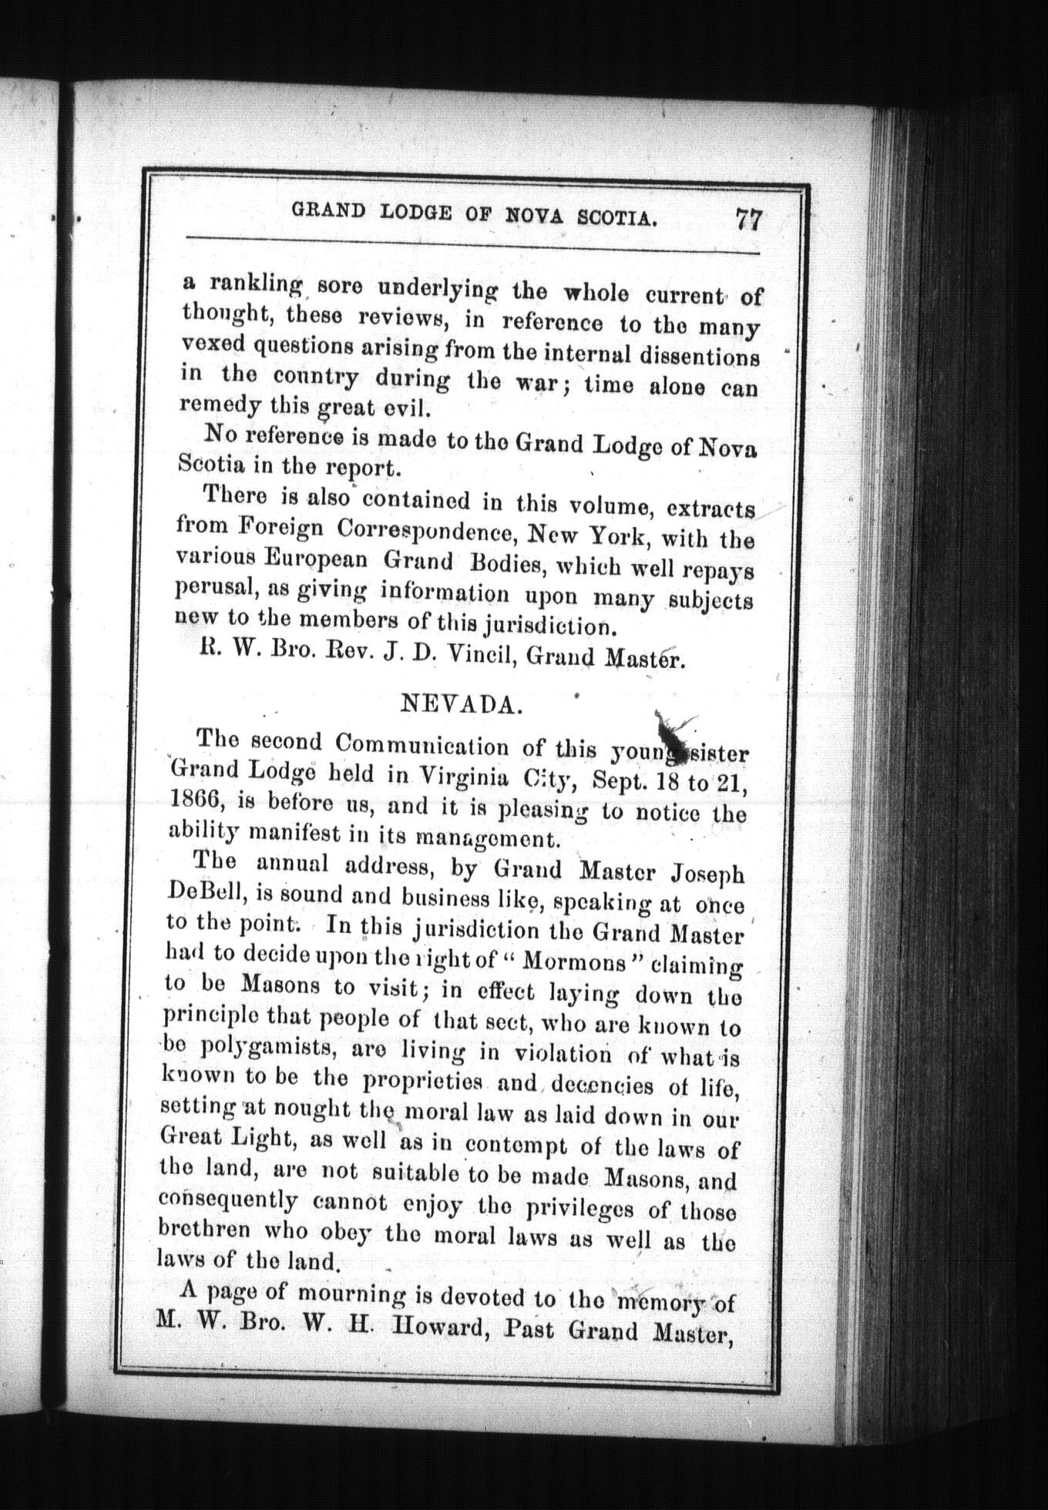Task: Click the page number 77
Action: pos(748,220)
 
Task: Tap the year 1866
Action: pos(193,801)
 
